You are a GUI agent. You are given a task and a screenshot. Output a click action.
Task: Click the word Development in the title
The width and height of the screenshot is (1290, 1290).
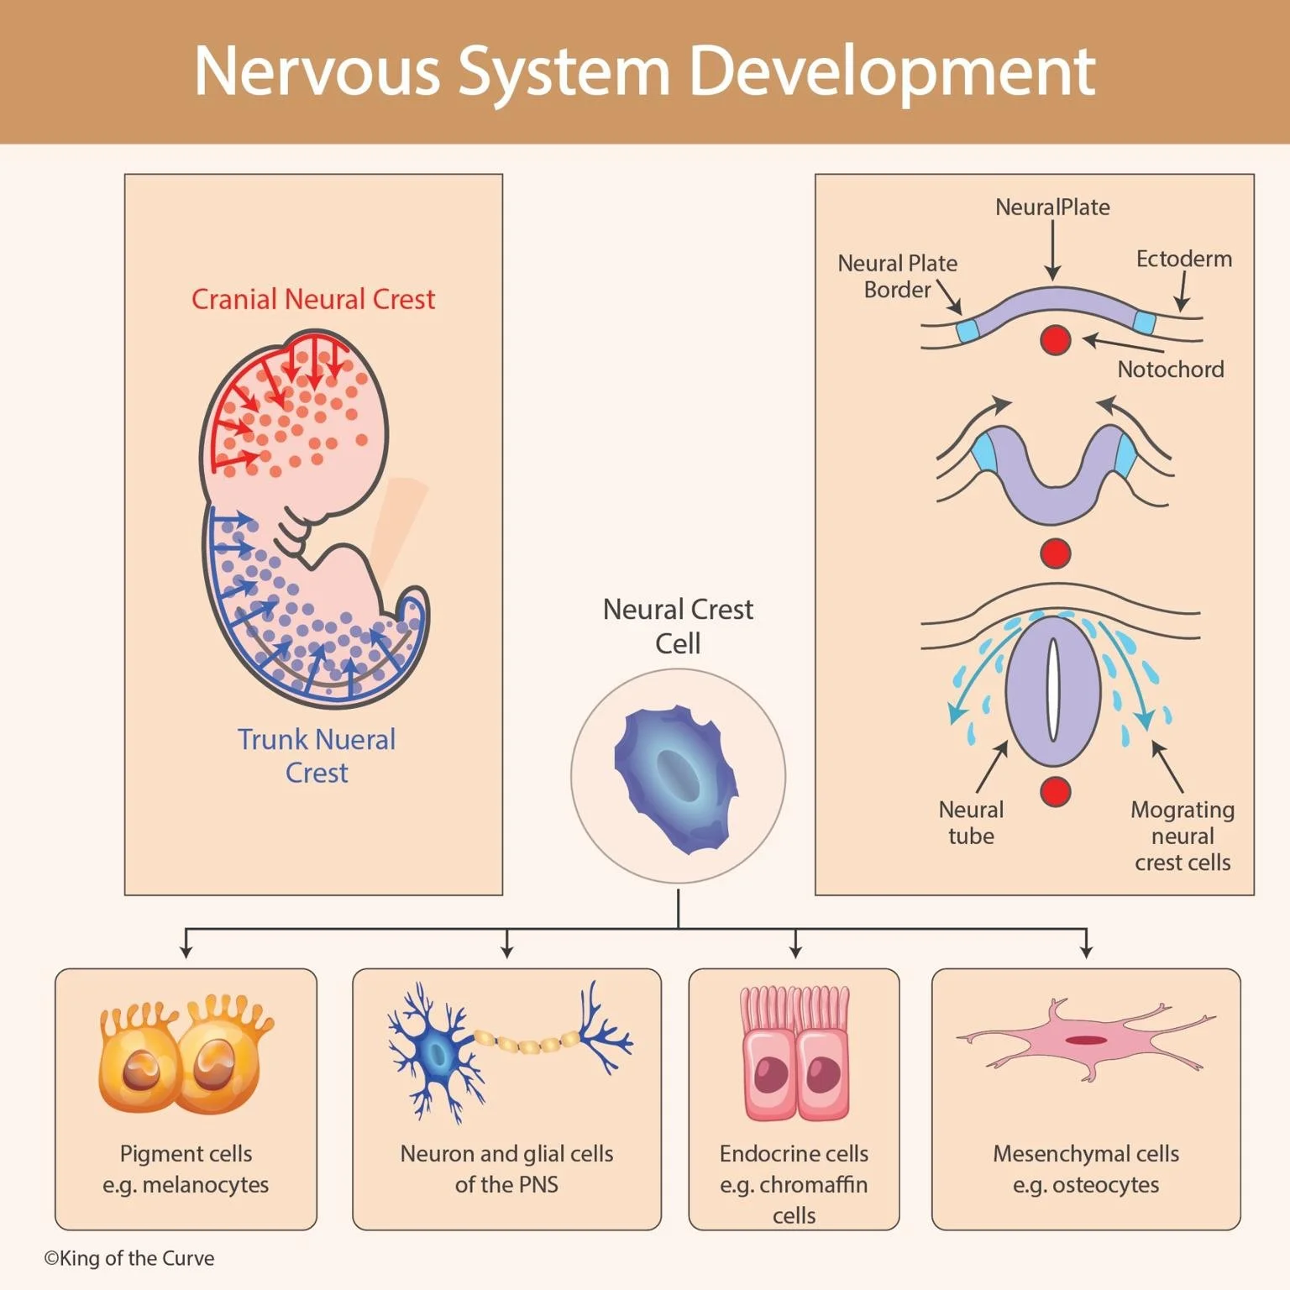tap(892, 71)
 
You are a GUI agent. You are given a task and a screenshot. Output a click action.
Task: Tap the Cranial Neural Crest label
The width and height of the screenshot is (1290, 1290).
tap(313, 299)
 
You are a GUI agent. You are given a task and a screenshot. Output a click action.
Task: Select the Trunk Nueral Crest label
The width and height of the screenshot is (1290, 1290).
tap(317, 755)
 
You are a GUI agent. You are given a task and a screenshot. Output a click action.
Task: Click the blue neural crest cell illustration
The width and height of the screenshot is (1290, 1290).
tap(676, 778)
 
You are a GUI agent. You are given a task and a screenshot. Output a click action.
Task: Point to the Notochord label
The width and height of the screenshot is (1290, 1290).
tap(1170, 370)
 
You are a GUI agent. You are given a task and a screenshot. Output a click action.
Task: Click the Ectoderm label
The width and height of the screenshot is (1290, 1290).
tap(1183, 259)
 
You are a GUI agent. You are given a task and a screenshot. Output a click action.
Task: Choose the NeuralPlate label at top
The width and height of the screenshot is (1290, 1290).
tap(1052, 207)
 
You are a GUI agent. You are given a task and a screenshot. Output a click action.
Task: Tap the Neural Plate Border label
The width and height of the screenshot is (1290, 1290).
tap(897, 276)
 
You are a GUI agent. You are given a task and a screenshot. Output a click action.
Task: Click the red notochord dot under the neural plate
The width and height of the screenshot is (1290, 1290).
tap(1055, 340)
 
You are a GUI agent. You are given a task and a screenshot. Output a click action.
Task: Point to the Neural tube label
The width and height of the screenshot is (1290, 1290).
tap(971, 823)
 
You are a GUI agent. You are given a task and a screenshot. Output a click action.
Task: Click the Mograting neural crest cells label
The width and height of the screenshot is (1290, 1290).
tap(1182, 836)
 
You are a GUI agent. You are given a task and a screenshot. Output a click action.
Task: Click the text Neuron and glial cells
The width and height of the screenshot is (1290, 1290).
tap(506, 1154)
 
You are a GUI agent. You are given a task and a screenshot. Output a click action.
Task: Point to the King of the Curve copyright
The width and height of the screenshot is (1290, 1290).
tap(129, 1258)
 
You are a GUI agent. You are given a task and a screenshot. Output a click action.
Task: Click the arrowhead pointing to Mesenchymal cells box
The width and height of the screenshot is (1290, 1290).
tap(1087, 952)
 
